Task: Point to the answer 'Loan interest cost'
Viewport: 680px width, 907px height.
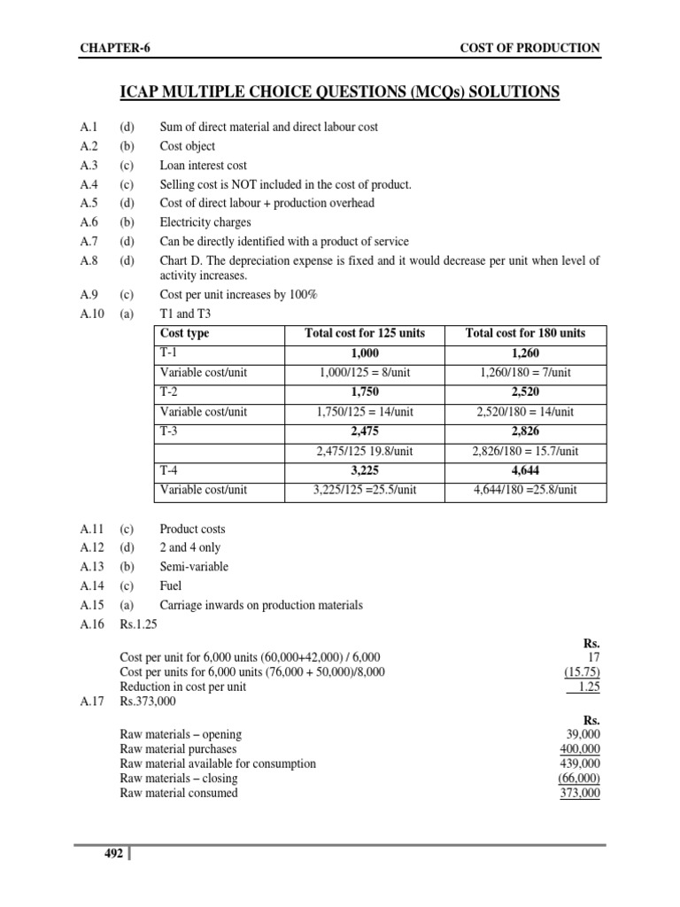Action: (x=204, y=166)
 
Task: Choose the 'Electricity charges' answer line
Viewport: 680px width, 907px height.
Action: (x=205, y=222)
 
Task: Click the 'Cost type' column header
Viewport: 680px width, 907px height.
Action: (x=185, y=334)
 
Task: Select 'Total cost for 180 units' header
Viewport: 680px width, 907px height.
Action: (x=525, y=334)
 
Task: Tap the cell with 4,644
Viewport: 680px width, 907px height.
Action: (x=525, y=470)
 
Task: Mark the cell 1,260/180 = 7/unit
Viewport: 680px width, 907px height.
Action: (x=525, y=373)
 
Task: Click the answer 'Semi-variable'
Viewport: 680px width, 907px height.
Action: (x=194, y=567)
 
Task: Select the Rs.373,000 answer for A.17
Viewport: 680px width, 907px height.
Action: (x=148, y=702)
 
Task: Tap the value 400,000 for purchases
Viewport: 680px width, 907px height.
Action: (x=581, y=749)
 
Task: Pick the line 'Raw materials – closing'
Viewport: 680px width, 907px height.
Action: (x=179, y=779)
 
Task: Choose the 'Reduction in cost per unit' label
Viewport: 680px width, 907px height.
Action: (x=183, y=687)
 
